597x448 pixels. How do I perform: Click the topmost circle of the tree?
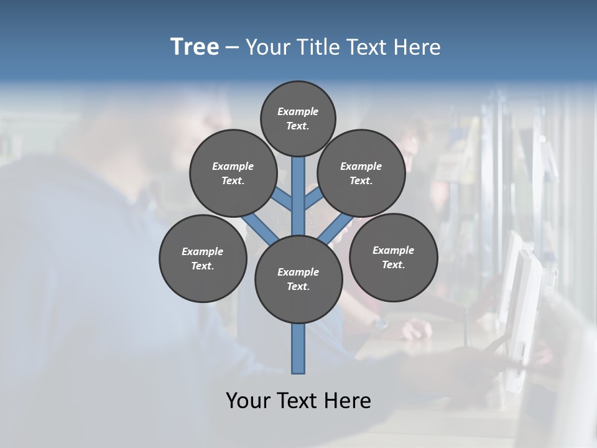coord(298,118)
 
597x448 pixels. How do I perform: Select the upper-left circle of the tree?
coord(233,173)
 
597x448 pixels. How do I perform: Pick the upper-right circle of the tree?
coord(361,173)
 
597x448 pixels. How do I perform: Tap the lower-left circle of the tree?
coord(203,258)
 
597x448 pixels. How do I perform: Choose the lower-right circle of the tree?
coord(394,257)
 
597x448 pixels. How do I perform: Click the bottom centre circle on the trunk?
coord(298,279)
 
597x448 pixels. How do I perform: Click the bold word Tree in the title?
coord(195,47)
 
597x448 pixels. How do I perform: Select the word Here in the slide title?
coord(417,47)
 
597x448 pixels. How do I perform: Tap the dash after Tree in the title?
coord(232,48)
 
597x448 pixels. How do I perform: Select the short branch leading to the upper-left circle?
coord(281,199)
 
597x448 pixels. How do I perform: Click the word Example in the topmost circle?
coord(298,111)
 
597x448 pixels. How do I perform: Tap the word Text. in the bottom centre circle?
coord(298,287)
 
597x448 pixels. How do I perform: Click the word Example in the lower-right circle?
coord(393,250)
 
